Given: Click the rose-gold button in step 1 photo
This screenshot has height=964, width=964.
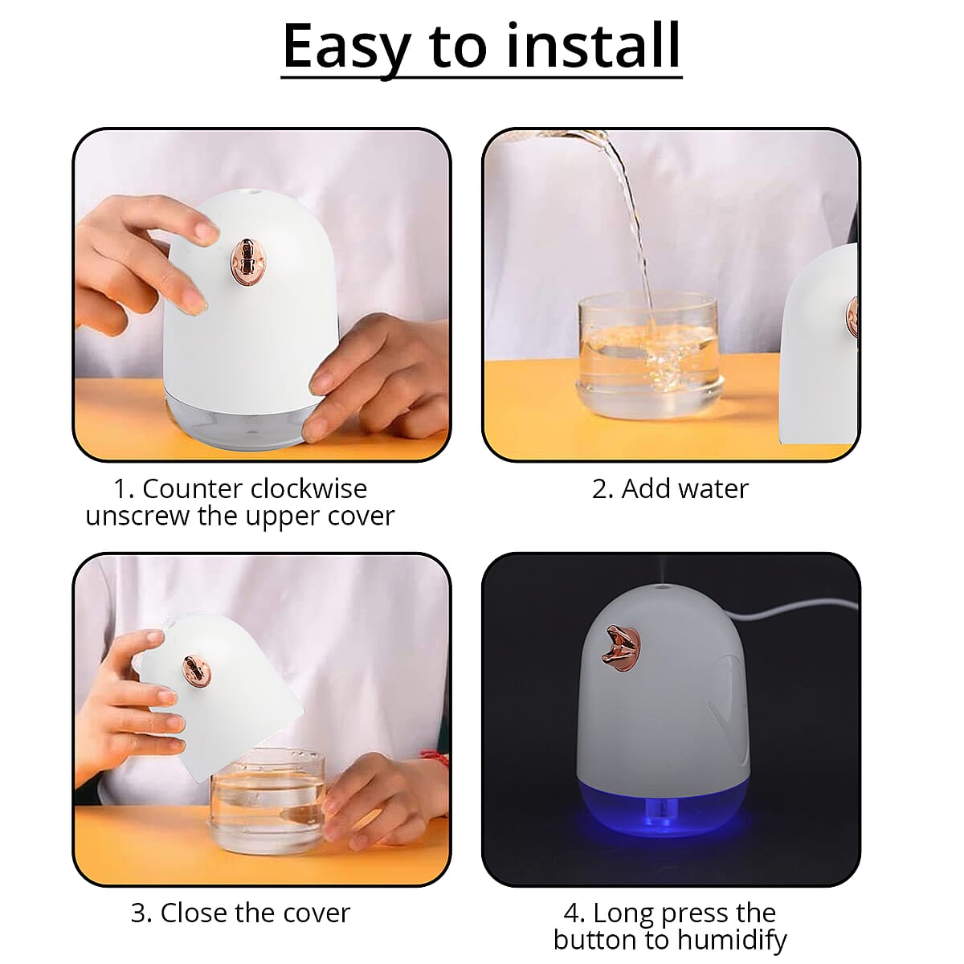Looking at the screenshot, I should (x=244, y=263).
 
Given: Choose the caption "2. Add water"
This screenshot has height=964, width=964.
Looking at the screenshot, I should (x=670, y=488).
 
